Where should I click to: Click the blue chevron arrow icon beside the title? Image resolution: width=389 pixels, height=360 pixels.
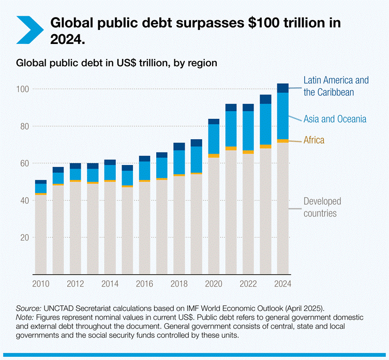click(x=29, y=29)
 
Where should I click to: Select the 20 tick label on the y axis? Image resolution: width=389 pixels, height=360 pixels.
click(x=23, y=238)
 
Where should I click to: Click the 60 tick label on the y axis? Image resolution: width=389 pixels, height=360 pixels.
click(x=23, y=164)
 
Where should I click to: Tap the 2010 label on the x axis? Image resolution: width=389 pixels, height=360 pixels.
click(x=40, y=283)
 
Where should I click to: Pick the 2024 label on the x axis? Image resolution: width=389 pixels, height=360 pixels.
click(x=283, y=283)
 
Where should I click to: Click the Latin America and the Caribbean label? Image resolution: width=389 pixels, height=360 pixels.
click(x=336, y=86)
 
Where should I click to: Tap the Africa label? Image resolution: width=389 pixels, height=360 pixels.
click(x=314, y=140)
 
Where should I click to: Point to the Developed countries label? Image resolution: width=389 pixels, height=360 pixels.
click(x=322, y=207)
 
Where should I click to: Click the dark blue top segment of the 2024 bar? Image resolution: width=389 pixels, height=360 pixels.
click(x=282, y=88)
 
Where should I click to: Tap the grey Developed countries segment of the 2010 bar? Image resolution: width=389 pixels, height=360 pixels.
click(x=41, y=233)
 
